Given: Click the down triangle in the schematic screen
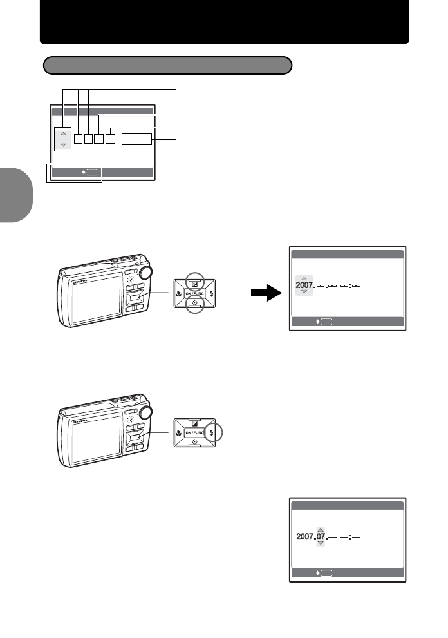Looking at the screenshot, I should point(63,145).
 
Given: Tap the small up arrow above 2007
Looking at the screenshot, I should point(304,278).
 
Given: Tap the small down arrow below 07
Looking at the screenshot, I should point(321,544).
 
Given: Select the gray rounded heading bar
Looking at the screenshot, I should point(167,65).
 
